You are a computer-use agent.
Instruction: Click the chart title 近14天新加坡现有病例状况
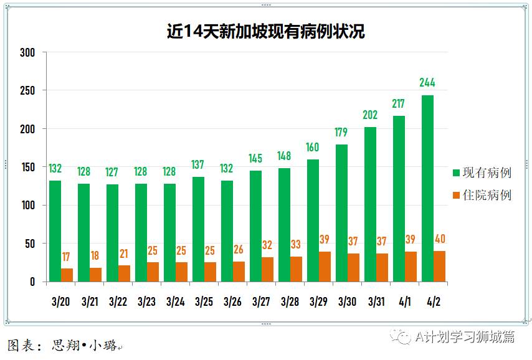click(x=265, y=31)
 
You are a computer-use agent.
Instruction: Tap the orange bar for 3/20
click(x=67, y=275)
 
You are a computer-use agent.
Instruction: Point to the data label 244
click(x=427, y=83)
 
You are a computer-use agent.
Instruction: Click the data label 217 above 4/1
click(x=399, y=103)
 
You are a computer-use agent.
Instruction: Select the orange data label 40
click(x=440, y=239)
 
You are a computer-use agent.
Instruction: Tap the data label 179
click(x=341, y=132)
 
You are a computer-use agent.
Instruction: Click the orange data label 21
click(x=124, y=253)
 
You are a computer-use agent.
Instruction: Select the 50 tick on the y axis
click(x=30, y=244)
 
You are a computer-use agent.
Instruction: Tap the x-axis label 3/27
click(x=261, y=302)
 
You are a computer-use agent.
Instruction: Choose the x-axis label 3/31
click(x=376, y=302)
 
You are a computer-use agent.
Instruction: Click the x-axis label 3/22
click(x=118, y=302)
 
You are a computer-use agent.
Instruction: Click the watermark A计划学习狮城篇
click(x=464, y=337)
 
